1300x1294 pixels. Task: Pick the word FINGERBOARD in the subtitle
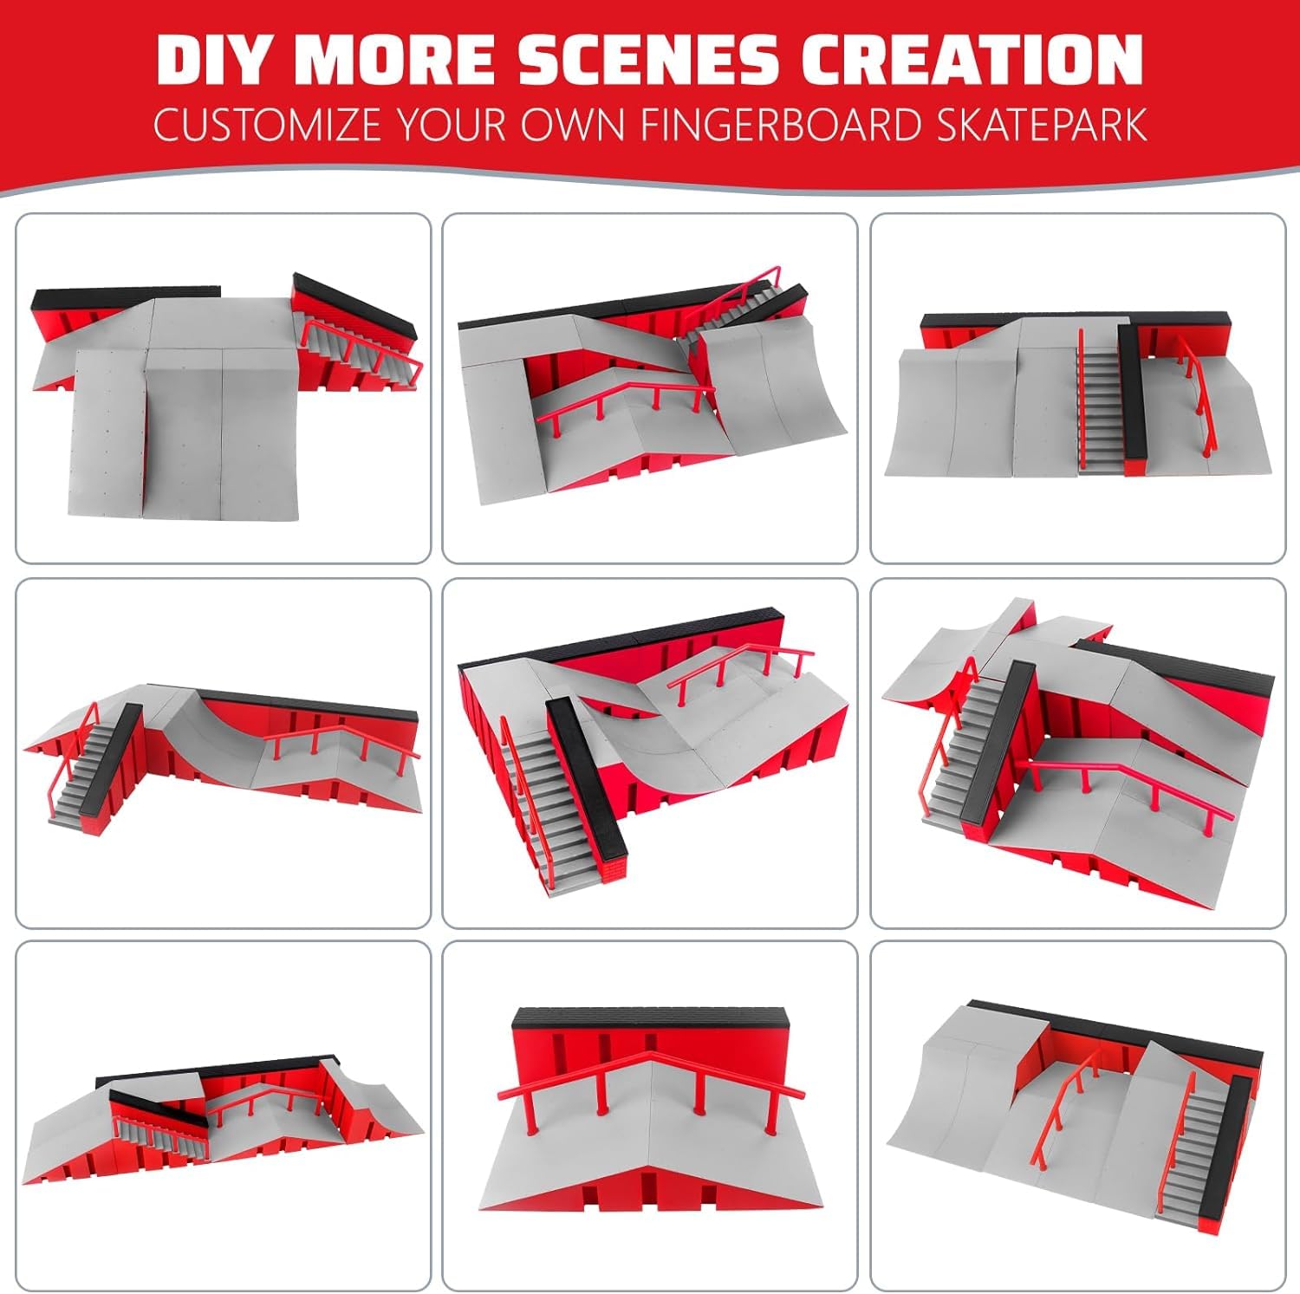tap(781, 125)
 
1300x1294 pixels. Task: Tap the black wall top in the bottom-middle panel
tap(653, 1019)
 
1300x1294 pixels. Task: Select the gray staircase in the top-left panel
tap(358, 348)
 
